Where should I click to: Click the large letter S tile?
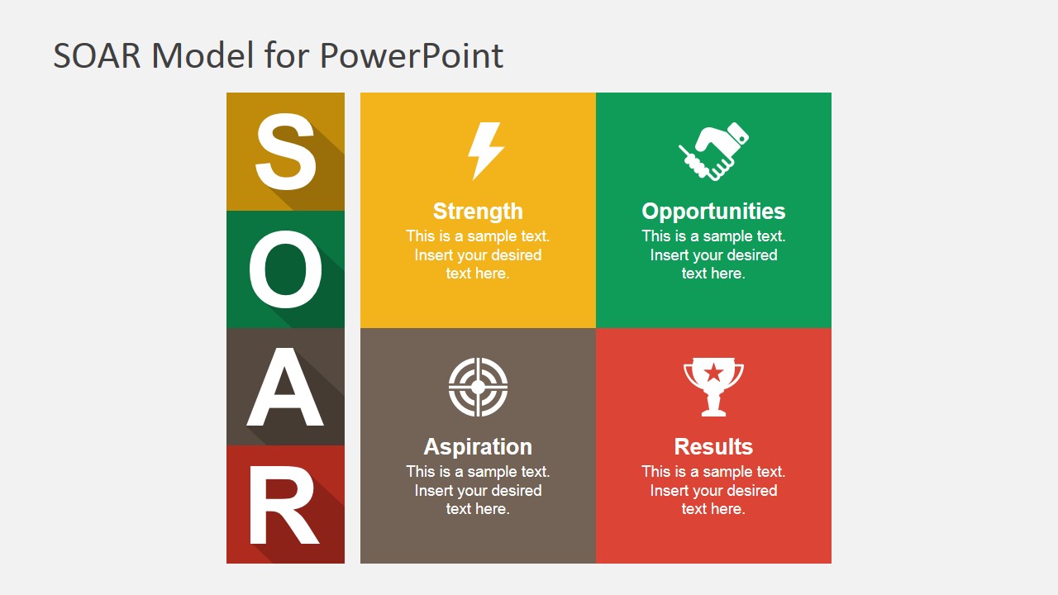click(x=285, y=151)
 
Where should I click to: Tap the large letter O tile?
click(x=285, y=269)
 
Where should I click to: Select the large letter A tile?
click(x=285, y=387)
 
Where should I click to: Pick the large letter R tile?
click(x=285, y=504)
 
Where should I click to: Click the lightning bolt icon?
click(x=485, y=151)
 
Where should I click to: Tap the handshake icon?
click(x=713, y=151)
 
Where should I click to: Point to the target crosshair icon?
click(x=478, y=387)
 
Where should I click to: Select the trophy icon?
click(x=713, y=387)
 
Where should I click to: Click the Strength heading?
click(x=478, y=211)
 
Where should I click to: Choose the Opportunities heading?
click(x=713, y=211)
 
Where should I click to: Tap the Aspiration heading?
click(x=478, y=447)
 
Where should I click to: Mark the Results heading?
click(x=713, y=447)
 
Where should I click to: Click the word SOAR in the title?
click(x=97, y=55)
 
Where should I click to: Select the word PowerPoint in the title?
click(x=412, y=55)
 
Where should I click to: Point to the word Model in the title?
click(x=203, y=55)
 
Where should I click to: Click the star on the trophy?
click(x=713, y=373)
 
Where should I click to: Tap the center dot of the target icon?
click(x=478, y=388)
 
